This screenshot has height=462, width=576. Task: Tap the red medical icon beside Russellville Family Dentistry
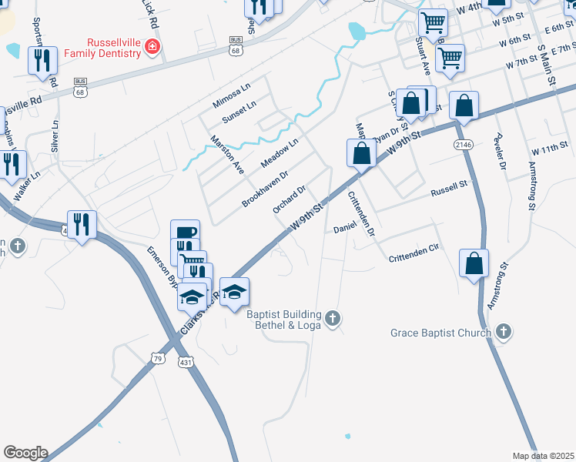point(152,47)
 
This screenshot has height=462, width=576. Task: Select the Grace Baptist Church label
point(440,333)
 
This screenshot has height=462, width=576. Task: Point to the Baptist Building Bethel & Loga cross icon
point(333,319)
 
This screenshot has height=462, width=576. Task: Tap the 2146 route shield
point(463,145)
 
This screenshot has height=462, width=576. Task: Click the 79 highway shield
point(158,358)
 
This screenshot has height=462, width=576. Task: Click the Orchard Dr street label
point(290,199)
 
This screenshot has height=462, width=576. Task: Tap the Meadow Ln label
point(279,153)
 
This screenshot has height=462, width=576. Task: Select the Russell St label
point(449,187)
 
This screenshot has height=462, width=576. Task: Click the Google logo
point(25,453)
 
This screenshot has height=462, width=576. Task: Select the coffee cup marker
point(185,233)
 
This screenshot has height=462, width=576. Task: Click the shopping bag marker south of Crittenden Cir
point(474,263)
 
